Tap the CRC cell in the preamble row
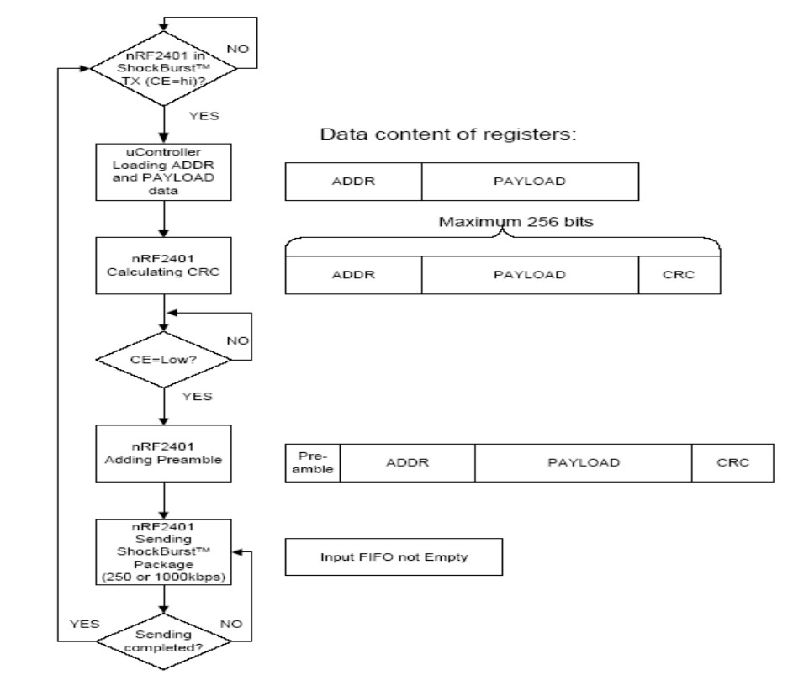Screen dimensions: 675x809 732,462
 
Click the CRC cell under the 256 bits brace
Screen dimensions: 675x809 679,274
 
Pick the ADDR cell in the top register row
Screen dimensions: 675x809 353,181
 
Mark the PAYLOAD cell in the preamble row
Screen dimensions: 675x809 583,462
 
